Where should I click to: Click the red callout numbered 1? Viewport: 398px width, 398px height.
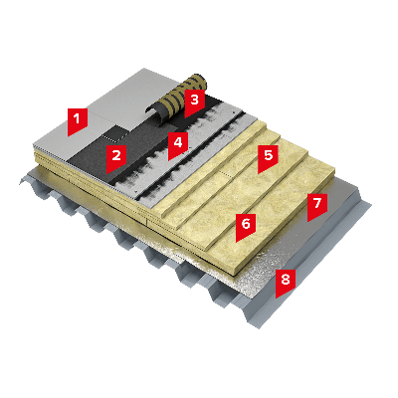(x=78, y=120)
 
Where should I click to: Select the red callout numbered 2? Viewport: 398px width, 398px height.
(x=116, y=157)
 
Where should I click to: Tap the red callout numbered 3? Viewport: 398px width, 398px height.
(x=194, y=101)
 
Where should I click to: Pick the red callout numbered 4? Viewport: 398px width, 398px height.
(x=178, y=144)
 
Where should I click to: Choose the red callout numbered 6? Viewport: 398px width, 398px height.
(x=246, y=226)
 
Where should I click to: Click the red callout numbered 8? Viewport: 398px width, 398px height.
(x=286, y=282)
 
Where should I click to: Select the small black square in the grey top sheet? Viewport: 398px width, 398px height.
(x=114, y=132)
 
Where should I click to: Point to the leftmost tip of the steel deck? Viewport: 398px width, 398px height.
(x=20, y=183)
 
